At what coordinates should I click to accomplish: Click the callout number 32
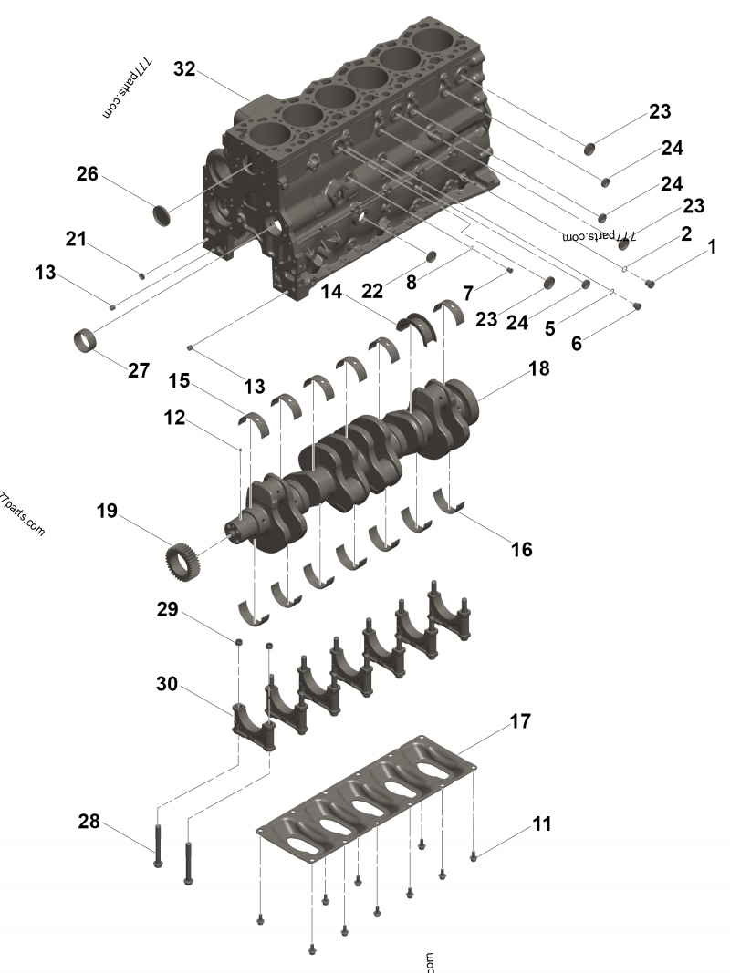[184, 70]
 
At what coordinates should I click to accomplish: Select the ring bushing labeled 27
[86, 343]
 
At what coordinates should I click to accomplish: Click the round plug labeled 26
[162, 216]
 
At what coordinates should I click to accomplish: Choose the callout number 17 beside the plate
[519, 721]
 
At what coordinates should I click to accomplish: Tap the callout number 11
[542, 823]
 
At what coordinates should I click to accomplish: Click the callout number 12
[174, 418]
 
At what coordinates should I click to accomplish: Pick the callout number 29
[167, 609]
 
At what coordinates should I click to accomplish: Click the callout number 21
[77, 239]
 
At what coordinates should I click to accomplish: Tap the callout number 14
[331, 293]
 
